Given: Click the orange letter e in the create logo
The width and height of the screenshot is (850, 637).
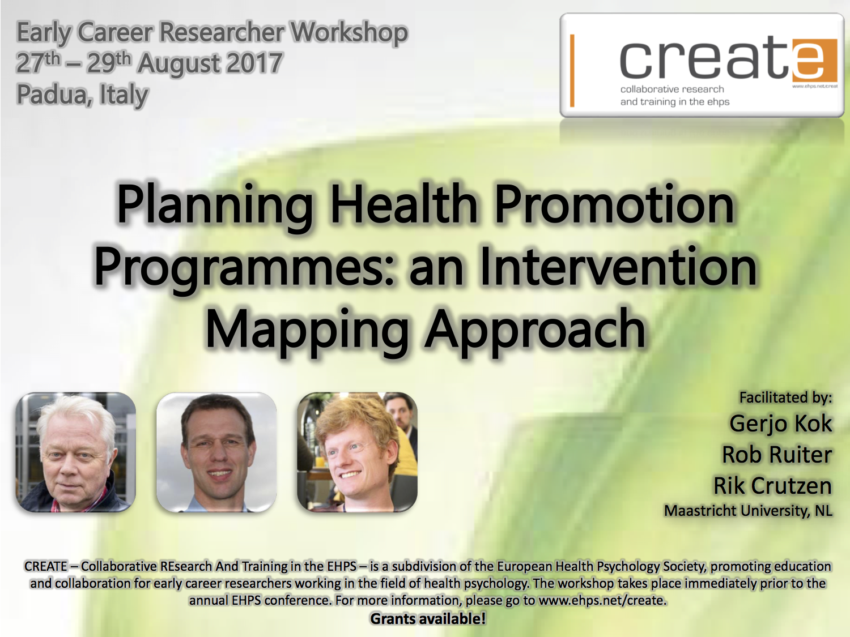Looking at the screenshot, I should [x=814, y=59].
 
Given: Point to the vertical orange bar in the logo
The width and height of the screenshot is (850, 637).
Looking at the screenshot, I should [x=572, y=70].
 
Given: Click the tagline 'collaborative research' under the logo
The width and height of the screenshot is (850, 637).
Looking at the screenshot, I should [x=671, y=89].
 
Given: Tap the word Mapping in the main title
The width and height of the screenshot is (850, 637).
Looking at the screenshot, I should [x=307, y=330].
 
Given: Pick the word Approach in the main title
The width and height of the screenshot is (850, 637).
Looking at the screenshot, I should [x=535, y=330].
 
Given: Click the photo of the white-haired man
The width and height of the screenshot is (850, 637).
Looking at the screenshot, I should [x=75, y=452].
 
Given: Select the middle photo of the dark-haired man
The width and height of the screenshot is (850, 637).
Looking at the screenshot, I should [x=216, y=452].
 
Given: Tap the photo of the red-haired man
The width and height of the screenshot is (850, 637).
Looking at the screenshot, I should [x=357, y=452].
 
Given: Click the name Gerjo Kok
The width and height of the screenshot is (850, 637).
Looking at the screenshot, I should [x=780, y=424].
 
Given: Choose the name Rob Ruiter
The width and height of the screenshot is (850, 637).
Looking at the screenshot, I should [x=776, y=455].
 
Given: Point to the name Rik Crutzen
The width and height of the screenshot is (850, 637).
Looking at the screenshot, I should [x=772, y=486].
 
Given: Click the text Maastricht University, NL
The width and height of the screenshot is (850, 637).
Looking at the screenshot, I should [x=748, y=511].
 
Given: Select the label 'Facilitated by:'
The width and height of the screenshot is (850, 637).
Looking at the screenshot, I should [x=785, y=397].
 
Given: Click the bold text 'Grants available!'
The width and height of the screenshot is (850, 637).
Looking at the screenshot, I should [x=428, y=619].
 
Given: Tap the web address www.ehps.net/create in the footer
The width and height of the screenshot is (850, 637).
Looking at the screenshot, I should [x=602, y=600].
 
